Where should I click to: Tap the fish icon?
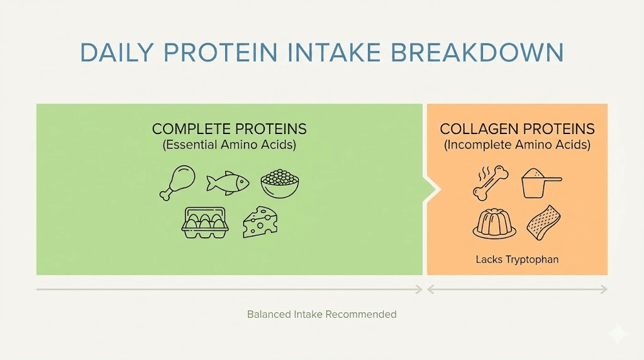pyautogui.click(x=228, y=183)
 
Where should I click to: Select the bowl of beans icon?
pyautogui.click(x=280, y=183)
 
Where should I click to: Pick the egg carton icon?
pyautogui.click(x=204, y=222)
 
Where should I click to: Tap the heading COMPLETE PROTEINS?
pyautogui.click(x=229, y=129)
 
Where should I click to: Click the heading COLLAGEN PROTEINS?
pyautogui.click(x=517, y=129)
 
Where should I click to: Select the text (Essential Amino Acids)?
pyautogui.click(x=229, y=145)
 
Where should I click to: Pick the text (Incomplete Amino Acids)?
pyautogui.click(x=517, y=145)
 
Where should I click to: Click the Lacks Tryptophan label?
pyautogui.click(x=517, y=259)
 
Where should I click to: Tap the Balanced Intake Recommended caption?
pyautogui.click(x=321, y=314)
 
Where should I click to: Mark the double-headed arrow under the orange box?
pyautogui.click(x=517, y=290)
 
